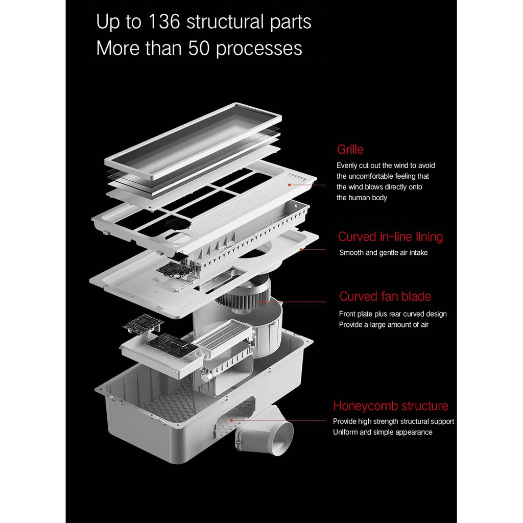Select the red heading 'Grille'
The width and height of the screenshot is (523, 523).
(350, 150)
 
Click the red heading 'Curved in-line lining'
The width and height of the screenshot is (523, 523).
(390, 237)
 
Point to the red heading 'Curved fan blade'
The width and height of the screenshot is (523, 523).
(385, 297)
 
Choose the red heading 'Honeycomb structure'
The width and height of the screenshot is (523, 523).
(390, 406)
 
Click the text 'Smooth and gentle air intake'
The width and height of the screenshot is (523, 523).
(384, 252)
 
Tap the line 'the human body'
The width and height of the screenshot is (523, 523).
(362, 198)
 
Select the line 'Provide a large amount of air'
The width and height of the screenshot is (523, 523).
(384, 325)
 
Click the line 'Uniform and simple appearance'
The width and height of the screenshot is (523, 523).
(383, 432)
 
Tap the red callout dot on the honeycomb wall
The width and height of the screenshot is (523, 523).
(231, 420)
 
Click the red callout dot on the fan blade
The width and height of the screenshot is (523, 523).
(260, 301)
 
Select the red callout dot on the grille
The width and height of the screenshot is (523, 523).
(291, 184)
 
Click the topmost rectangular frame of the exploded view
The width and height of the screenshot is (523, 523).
(193, 140)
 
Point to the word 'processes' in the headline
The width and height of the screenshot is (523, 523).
(259, 49)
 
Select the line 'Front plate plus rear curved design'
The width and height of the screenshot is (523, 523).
(392, 314)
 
